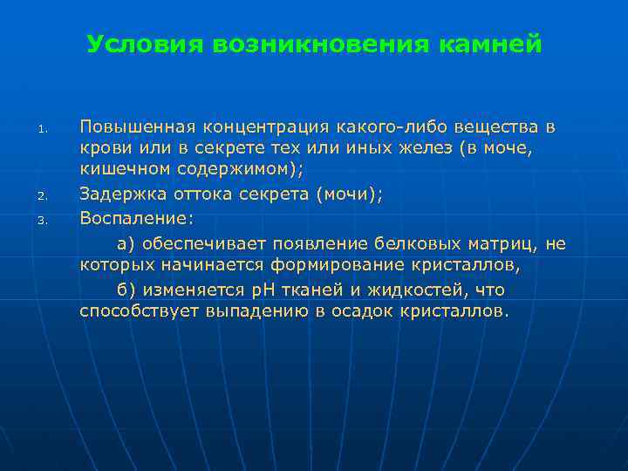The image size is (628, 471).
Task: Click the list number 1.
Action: (40, 132)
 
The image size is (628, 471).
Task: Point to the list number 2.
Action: (40, 196)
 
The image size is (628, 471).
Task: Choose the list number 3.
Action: (40, 220)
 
